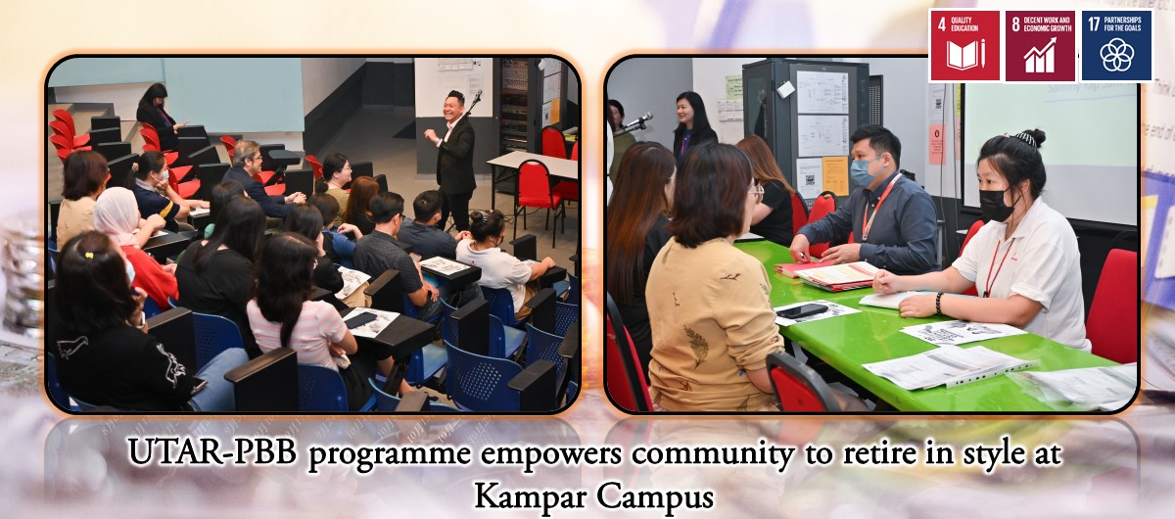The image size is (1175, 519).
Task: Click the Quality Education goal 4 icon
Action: click(964, 46)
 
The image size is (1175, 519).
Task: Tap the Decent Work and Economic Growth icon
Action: click(1040, 46)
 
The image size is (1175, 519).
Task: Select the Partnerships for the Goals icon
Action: click(1117, 46)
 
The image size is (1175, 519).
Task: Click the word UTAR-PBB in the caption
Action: click(212, 452)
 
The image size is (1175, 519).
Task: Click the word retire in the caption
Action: click(879, 452)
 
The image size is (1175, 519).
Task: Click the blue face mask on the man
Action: click(865, 172)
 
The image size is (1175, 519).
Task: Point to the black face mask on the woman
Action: click(997, 204)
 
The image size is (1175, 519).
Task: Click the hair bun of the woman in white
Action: click(1030, 138)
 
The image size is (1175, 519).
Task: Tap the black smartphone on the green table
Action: click(801, 310)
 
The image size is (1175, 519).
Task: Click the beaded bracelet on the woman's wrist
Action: click(939, 304)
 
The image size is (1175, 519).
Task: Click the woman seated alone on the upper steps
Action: click(158, 116)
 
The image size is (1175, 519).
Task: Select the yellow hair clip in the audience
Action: click(90, 257)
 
